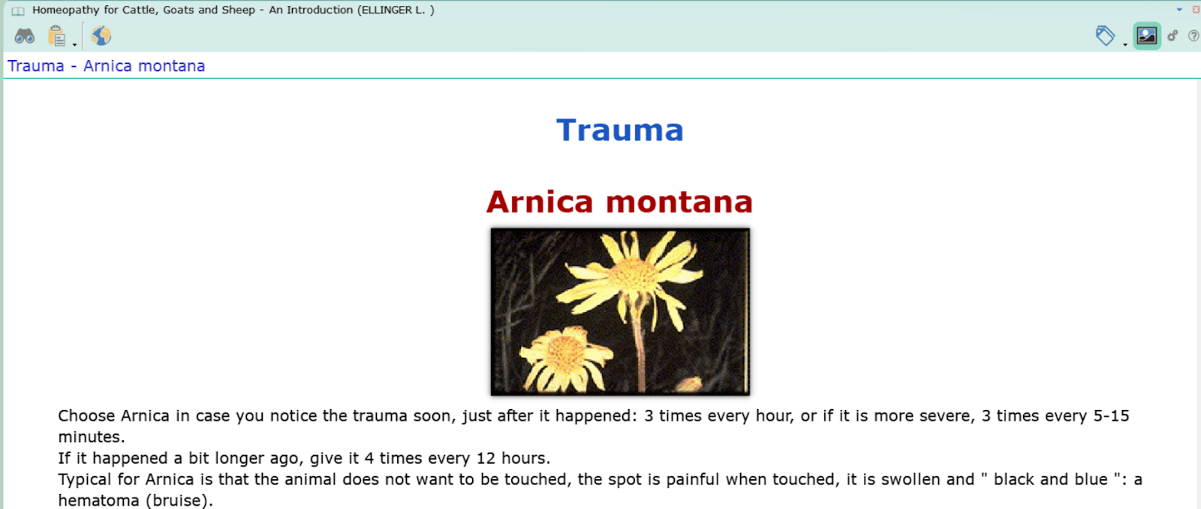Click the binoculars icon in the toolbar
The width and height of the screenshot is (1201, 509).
click(x=24, y=36)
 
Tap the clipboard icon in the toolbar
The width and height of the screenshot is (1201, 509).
click(x=56, y=36)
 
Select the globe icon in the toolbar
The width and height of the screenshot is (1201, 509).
click(x=101, y=36)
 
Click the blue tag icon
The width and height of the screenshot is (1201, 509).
click(x=1104, y=36)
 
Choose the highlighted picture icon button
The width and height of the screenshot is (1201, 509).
click(x=1147, y=36)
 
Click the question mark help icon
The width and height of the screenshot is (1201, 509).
click(x=1193, y=36)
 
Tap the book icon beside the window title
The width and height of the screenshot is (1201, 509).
click(x=18, y=11)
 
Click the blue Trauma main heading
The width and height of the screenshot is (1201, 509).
click(x=620, y=130)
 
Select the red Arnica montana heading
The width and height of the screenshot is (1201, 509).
click(x=620, y=202)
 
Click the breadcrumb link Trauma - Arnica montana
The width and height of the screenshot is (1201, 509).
click(x=106, y=66)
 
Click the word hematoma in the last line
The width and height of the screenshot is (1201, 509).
click(x=98, y=501)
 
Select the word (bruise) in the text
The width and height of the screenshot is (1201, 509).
click(x=179, y=501)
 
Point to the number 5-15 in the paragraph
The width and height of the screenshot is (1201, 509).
click(x=1111, y=416)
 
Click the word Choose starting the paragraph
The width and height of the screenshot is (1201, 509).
click(x=86, y=416)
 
